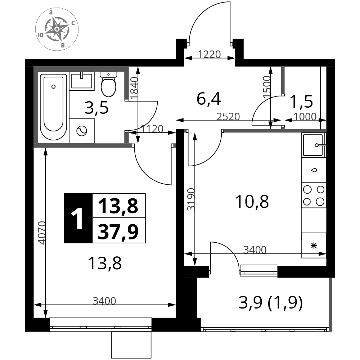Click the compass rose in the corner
point(57,29)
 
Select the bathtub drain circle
point(54,86)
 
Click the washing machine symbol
point(82,131)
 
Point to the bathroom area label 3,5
point(96,108)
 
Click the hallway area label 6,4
point(209,99)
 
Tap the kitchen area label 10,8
point(252,202)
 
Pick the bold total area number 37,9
point(118,231)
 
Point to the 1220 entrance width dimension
point(209,55)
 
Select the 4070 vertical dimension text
point(42,233)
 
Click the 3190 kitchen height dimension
point(191,199)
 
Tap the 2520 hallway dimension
point(228,117)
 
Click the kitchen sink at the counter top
point(314,145)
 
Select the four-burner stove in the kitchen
point(314,195)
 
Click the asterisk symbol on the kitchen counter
point(314,246)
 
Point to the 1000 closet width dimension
point(305,117)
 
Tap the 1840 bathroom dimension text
point(134,88)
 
